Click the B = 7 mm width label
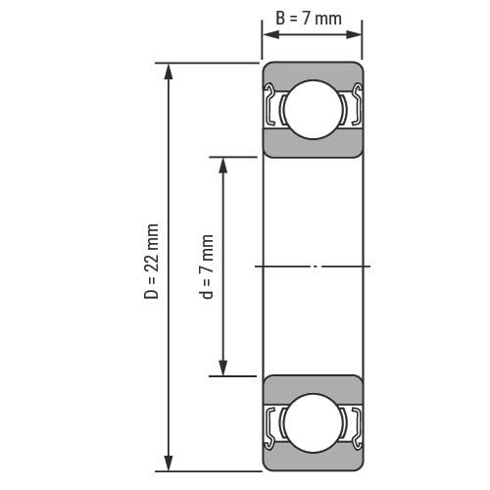click(309, 19)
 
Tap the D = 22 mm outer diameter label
click(151, 262)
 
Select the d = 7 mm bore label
click(206, 267)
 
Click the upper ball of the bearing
click(313, 110)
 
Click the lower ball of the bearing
click(313, 423)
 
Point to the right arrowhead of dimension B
click(354, 34)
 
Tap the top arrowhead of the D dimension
click(169, 72)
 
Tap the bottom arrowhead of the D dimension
click(169, 463)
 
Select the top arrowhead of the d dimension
click(223, 166)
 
